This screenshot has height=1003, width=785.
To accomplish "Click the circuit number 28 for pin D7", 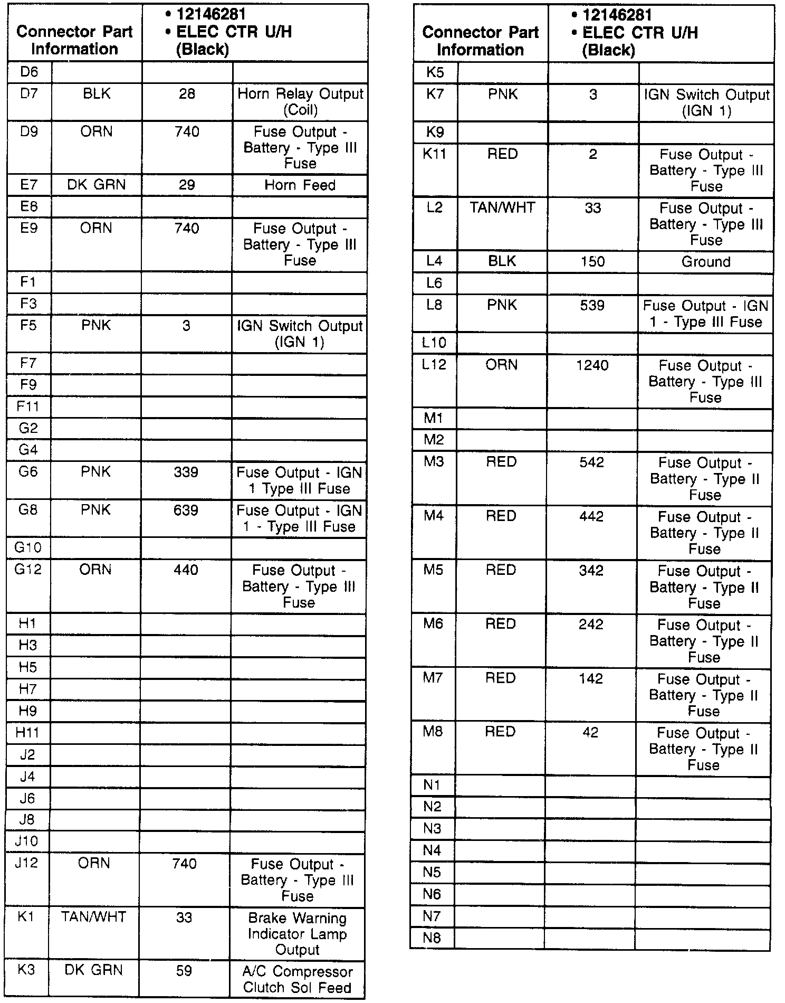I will click(x=187, y=94).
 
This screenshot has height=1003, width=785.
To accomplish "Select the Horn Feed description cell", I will click(x=300, y=185).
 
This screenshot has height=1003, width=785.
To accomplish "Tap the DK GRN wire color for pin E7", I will click(x=97, y=185).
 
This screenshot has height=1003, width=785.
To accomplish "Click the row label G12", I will click(x=28, y=570).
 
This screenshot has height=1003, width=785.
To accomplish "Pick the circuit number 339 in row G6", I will click(x=186, y=472).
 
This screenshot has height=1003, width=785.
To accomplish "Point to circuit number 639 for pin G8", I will click(x=186, y=510).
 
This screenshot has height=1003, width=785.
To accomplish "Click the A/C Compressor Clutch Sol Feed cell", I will click(x=298, y=980).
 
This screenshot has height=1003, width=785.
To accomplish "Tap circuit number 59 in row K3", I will click(x=184, y=971).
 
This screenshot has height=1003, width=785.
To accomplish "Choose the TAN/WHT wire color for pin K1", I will click(x=93, y=917).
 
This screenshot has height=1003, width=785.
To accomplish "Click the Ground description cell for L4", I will click(x=706, y=262).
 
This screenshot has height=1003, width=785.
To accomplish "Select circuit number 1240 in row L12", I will click(x=592, y=365).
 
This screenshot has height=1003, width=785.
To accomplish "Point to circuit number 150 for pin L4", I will click(x=592, y=262).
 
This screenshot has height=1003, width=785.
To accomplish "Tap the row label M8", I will click(x=433, y=732).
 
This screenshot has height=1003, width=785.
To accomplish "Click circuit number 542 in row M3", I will click(x=591, y=462).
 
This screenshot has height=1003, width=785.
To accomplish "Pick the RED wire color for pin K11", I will click(x=502, y=154).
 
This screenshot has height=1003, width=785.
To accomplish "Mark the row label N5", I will click(x=432, y=872).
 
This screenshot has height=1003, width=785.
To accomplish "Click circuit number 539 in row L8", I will click(x=592, y=306).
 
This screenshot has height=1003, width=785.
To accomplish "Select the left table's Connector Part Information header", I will click(x=74, y=40).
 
